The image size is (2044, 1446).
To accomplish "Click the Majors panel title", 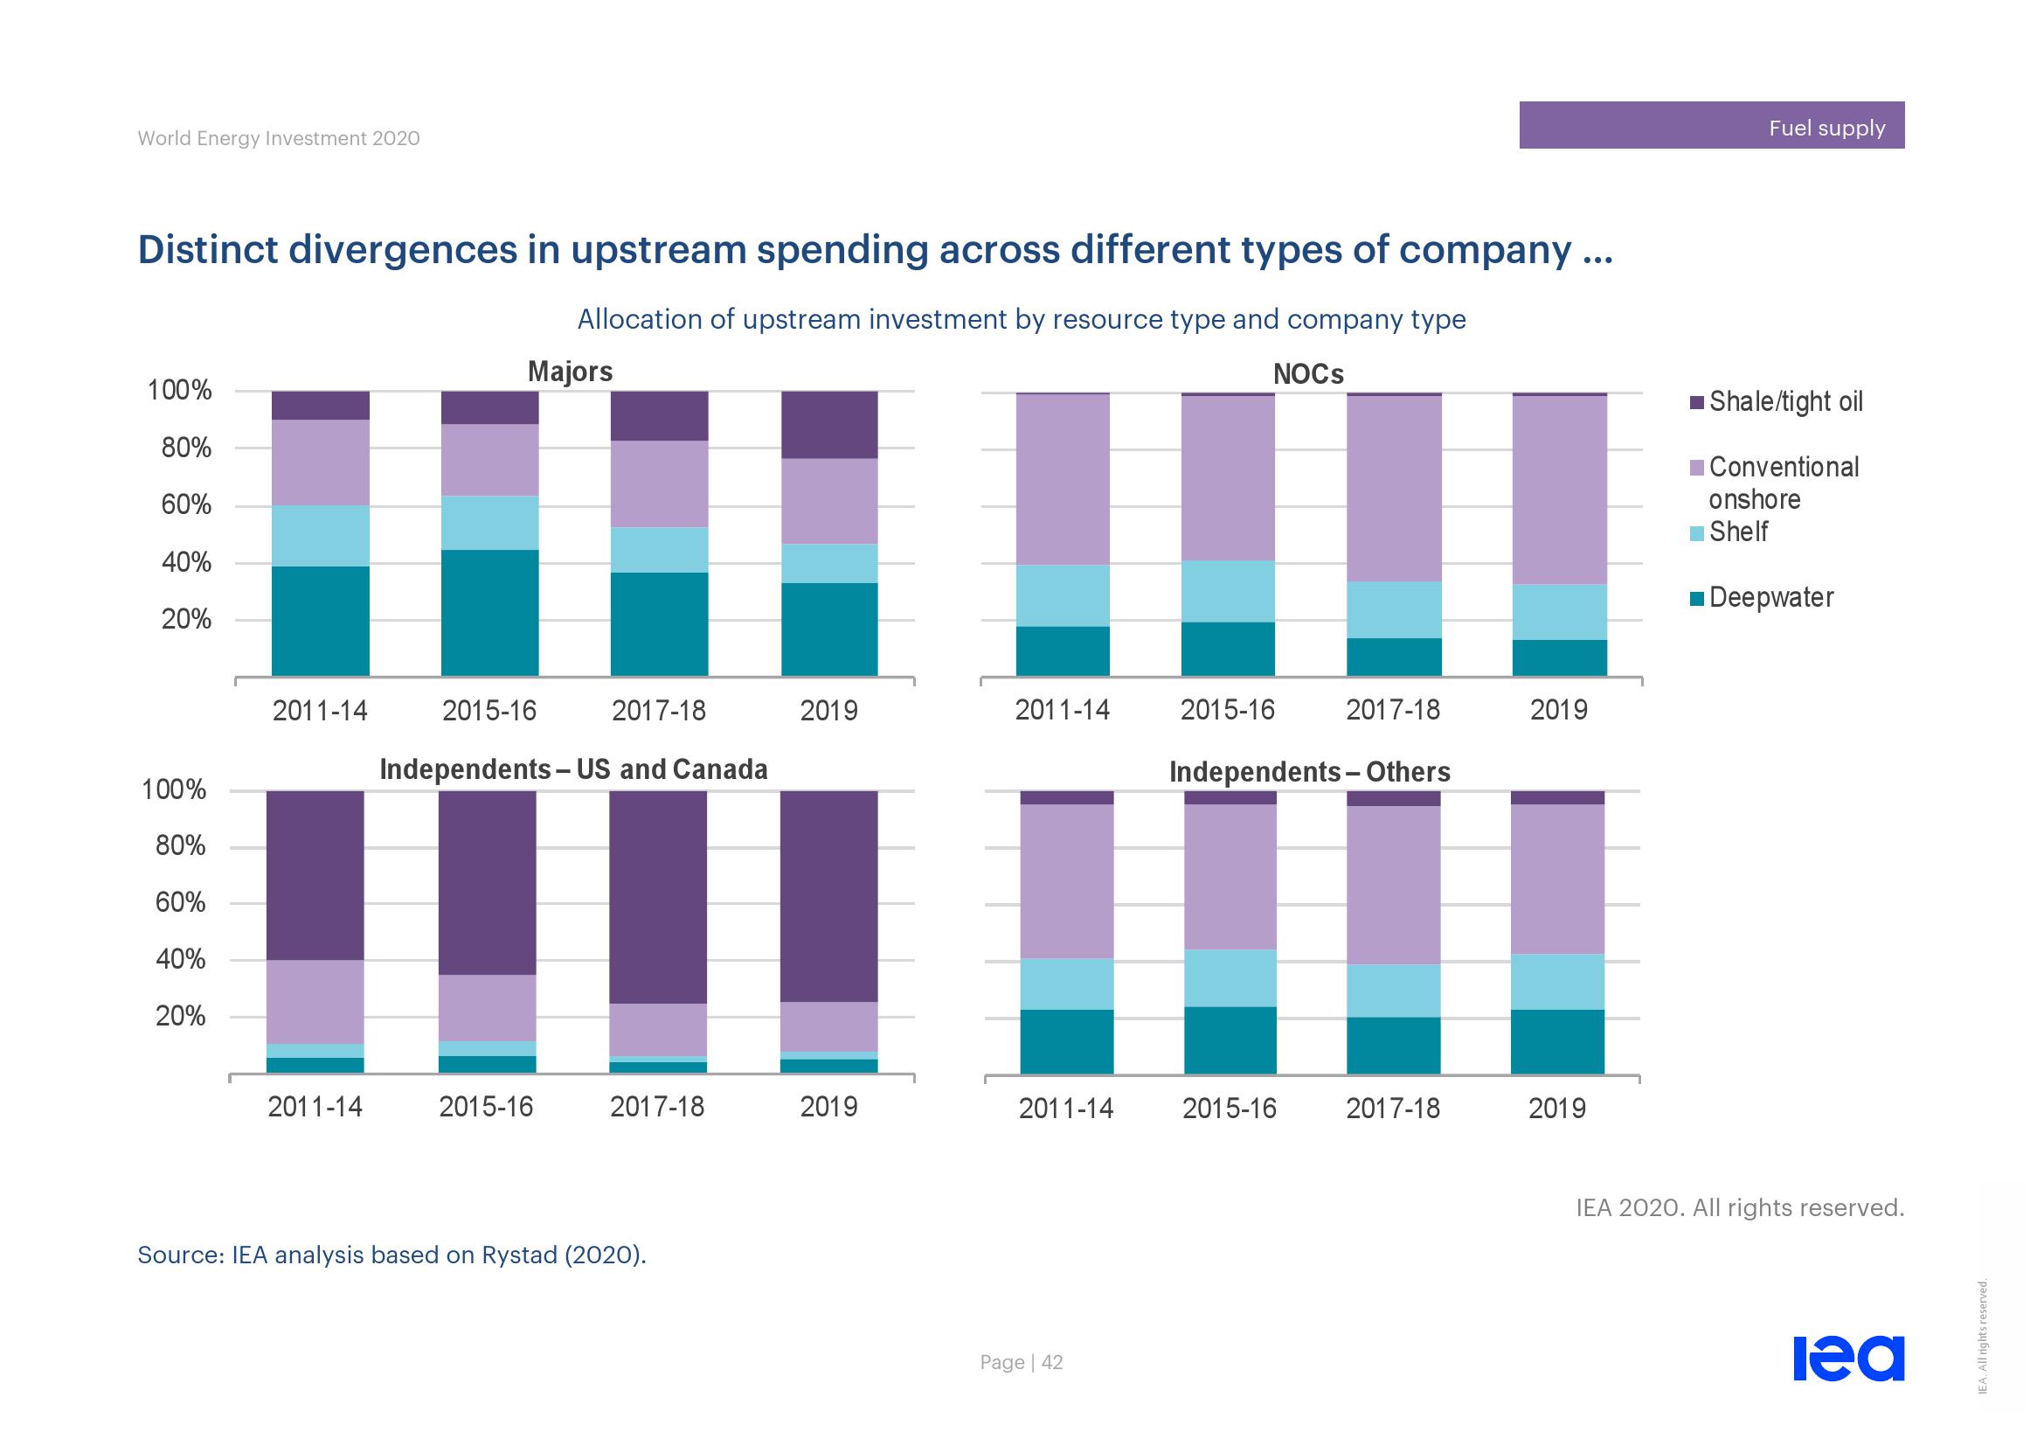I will [570, 372].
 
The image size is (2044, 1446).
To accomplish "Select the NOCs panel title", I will [1308, 374].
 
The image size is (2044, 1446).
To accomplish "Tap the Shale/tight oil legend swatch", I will [1697, 402].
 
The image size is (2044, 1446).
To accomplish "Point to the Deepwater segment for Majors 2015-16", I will [489, 613].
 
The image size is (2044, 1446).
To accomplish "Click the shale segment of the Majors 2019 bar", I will [828, 425].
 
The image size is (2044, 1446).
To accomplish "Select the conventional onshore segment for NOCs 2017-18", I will [1393, 488].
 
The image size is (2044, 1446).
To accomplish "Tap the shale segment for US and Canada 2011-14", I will [315, 874].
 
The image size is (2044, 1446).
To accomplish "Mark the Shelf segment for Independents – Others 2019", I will [1557, 981].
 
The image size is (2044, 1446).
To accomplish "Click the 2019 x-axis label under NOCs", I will [1558, 710].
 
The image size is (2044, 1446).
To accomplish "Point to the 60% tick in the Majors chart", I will [186, 505].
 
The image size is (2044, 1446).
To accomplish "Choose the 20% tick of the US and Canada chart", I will [181, 1016].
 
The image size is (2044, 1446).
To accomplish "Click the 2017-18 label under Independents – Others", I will [1392, 1109].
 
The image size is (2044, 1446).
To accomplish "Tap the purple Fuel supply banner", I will [1711, 126].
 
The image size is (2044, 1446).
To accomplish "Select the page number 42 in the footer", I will [1051, 1362].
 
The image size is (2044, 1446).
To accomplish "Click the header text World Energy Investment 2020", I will [279, 138].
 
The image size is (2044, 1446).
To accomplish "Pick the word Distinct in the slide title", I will [207, 249].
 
